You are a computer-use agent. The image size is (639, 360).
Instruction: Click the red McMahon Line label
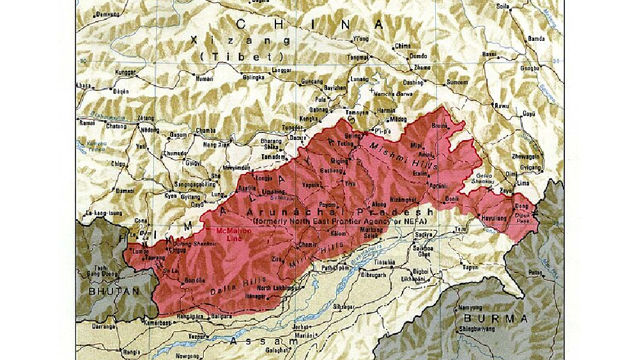point(231,233)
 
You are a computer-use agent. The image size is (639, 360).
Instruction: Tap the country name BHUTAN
point(114,290)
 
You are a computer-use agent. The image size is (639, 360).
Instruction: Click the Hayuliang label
point(493,217)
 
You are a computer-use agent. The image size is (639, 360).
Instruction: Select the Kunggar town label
point(125,74)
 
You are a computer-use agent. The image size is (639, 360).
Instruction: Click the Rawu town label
point(502,106)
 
